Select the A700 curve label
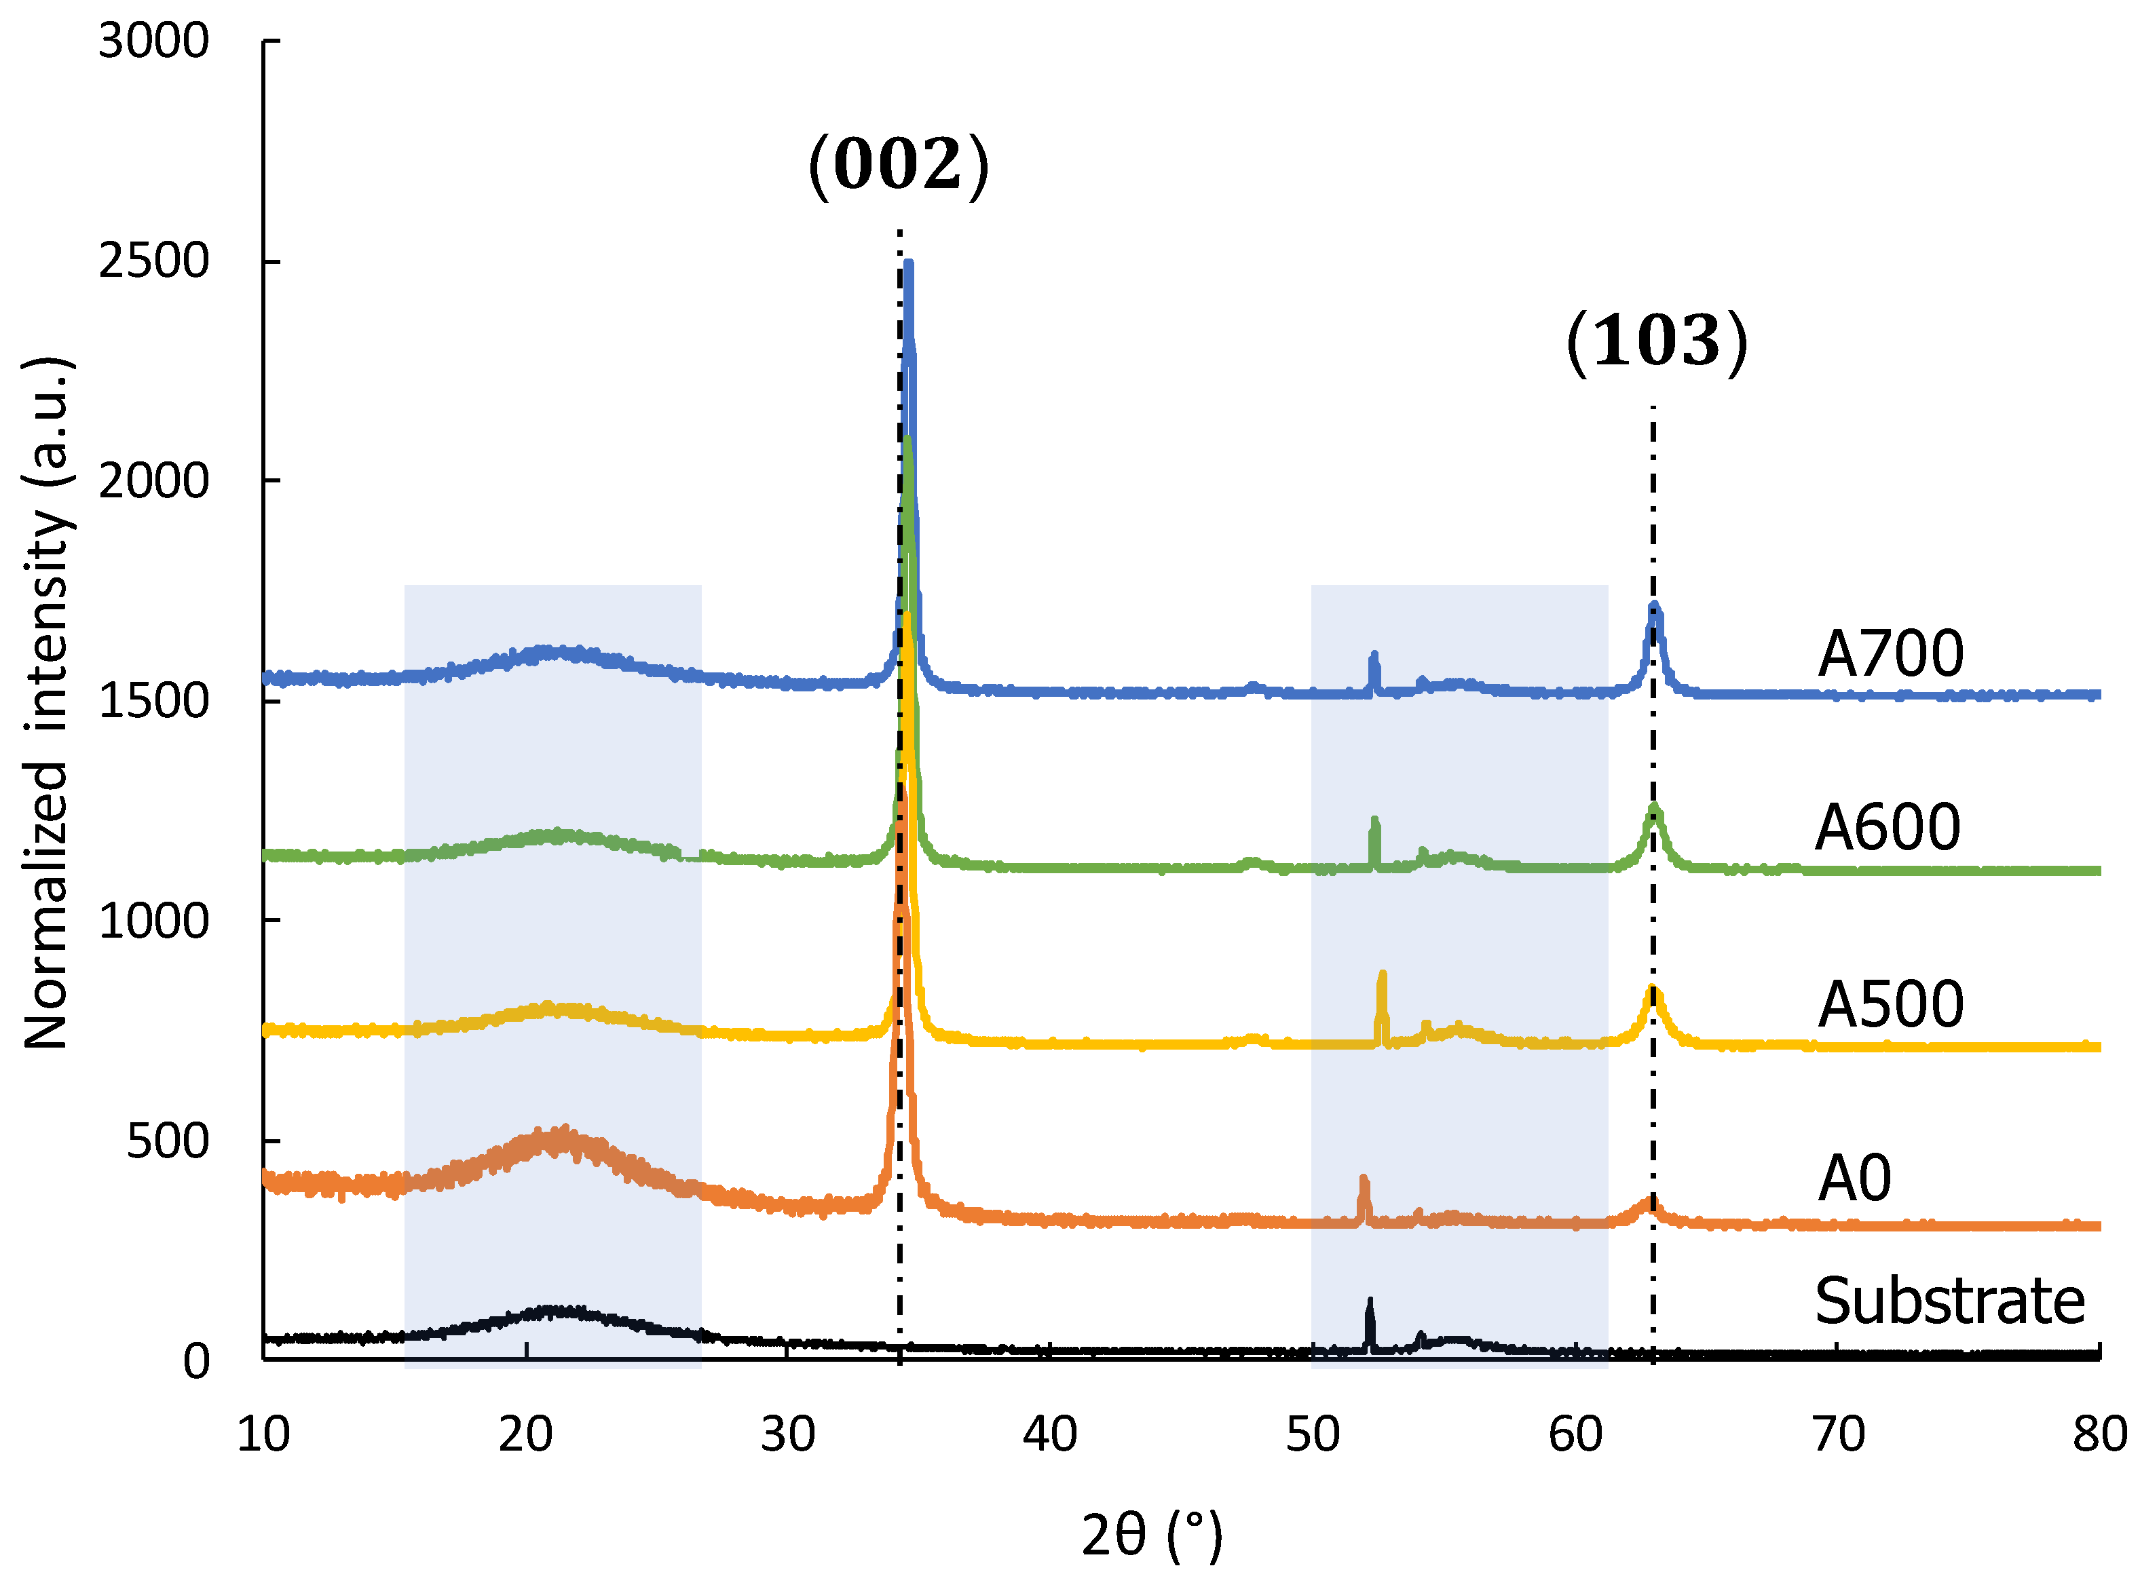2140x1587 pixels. (1889, 654)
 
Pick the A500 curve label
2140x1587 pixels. (1889, 1005)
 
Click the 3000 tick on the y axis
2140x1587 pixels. (154, 41)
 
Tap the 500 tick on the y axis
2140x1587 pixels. (167, 1141)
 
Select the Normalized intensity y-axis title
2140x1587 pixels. (46, 702)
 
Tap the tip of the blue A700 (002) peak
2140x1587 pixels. (908, 264)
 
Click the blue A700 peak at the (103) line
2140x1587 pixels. (1654, 607)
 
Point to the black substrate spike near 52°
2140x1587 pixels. (1370, 1303)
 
